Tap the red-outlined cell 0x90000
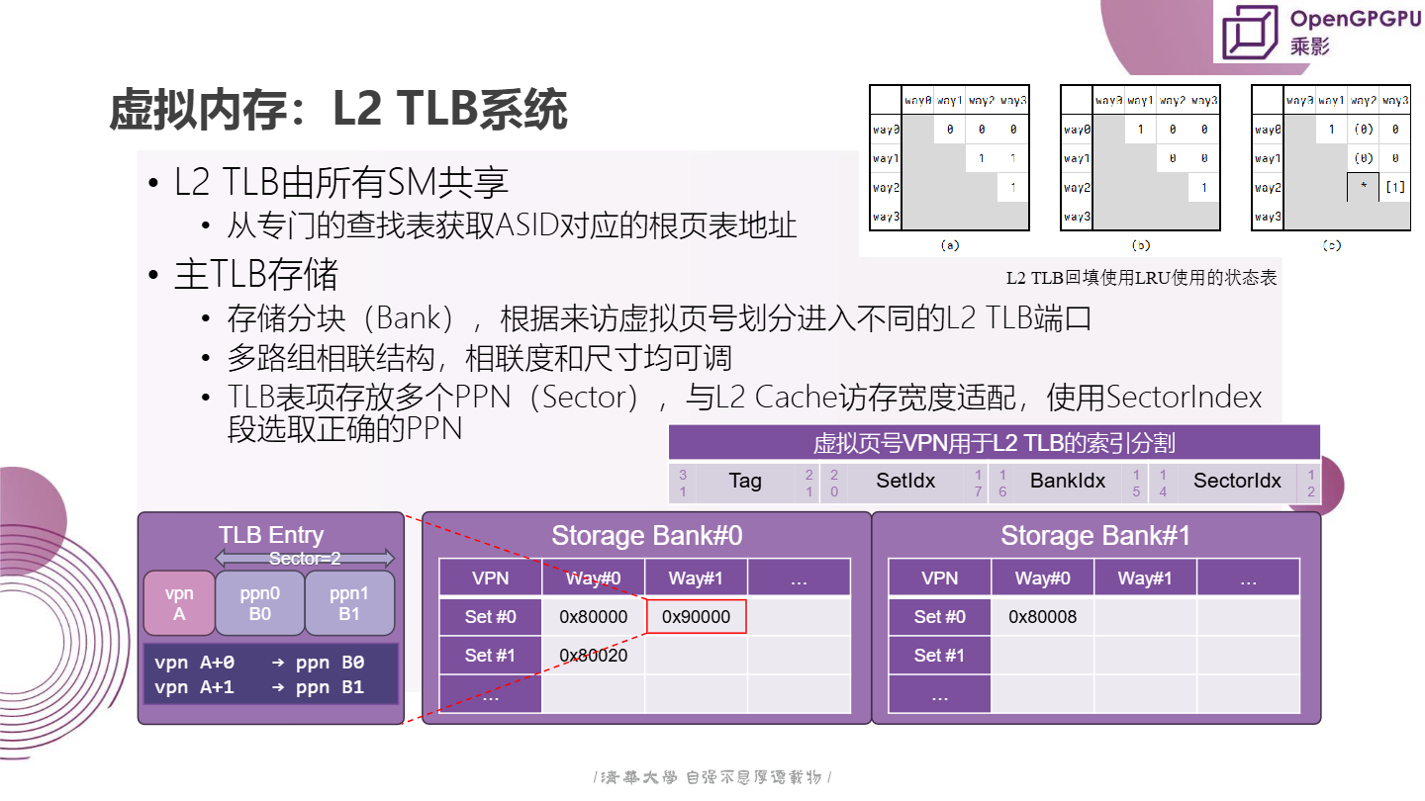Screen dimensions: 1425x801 click(x=696, y=617)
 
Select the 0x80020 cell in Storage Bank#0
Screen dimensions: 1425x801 click(x=593, y=655)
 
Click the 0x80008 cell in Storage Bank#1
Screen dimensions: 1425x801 click(x=1042, y=617)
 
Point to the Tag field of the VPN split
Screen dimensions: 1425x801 click(x=745, y=482)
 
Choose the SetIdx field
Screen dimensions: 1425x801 click(x=905, y=482)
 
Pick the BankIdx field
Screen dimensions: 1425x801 click(x=1067, y=482)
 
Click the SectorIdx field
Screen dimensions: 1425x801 click(x=1237, y=482)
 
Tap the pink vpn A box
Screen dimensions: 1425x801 click(x=179, y=603)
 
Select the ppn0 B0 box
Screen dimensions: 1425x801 click(x=259, y=603)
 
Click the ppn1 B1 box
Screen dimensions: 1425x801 click(x=349, y=603)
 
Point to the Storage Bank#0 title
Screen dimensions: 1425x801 click(x=646, y=536)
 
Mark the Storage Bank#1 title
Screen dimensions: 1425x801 click(x=1095, y=536)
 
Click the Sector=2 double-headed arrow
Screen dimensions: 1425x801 click(x=305, y=559)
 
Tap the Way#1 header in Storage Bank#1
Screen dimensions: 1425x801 click(x=1145, y=578)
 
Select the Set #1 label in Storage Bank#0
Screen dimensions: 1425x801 click(x=490, y=655)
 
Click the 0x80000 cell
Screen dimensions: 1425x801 click(x=593, y=617)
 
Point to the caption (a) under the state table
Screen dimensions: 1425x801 click(x=950, y=245)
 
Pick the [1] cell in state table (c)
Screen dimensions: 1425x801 click(x=1395, y=187)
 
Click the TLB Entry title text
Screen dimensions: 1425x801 click(x=270, y=536)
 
